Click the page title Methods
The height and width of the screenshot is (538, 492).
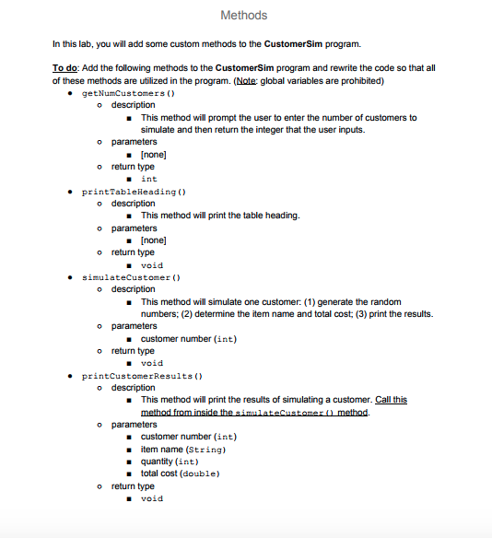coord(244,15)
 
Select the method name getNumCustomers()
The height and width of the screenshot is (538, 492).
coord(129,93)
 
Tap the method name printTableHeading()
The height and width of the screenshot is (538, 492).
coord(135,192)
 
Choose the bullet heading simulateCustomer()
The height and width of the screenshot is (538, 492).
coord(131,277)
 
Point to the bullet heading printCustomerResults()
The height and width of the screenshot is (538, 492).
coord(142,376)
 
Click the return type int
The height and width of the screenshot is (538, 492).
coord(148,179)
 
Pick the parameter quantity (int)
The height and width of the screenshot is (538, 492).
coord(170,461)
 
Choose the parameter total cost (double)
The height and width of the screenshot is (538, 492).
coord(182,474)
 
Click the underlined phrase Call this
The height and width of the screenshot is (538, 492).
coord(391,400)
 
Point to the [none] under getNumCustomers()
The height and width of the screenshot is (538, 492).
coord(153,154)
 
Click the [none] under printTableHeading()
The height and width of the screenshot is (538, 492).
coord(153,240)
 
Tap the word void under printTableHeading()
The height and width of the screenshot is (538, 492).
coord(151,264)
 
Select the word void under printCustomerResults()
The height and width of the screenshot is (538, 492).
coord(151,498)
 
